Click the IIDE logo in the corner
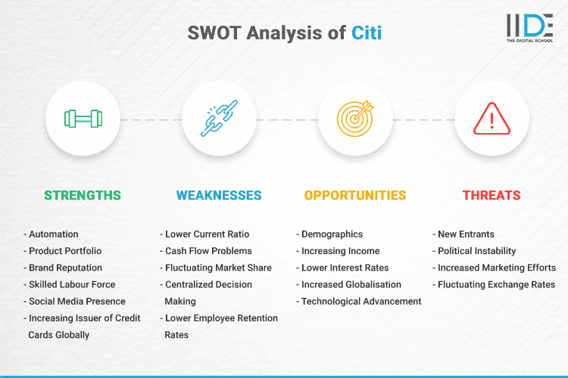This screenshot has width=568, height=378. point(529,29)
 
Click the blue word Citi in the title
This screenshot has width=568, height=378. point(367,33)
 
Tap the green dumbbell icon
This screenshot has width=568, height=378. point(83,119)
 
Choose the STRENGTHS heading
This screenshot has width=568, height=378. point(82,195)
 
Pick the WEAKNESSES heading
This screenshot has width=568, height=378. point(219,195)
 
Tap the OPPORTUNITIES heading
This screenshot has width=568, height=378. point(355,195)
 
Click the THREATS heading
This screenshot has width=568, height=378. point(492,195)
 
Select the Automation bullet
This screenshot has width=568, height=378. point(53,234)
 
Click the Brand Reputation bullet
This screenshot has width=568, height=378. point(65,268)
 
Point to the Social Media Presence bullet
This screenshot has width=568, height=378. point(76,301)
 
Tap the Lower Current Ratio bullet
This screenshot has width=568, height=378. point(207,234)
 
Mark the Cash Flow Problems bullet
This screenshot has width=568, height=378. point(208,251)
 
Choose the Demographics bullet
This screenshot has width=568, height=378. point(332,234)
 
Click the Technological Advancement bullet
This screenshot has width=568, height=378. point(360,301)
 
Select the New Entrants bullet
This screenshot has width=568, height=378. point(467,234)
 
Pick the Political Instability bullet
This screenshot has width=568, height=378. point(476,251)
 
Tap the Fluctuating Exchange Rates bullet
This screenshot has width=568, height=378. point(495,284)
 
